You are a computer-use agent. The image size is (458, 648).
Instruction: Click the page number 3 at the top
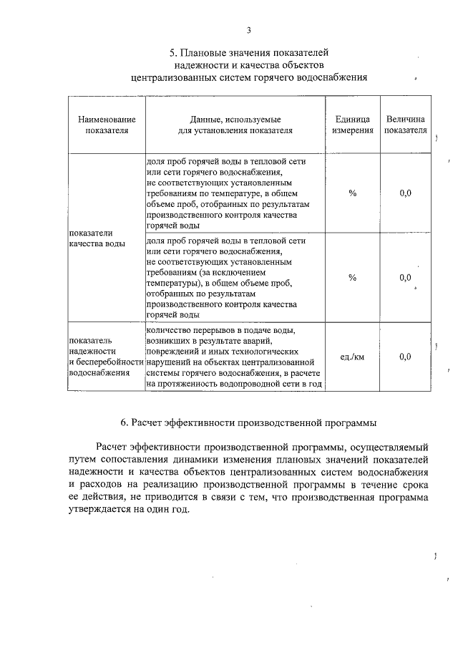click(x=248, y=30)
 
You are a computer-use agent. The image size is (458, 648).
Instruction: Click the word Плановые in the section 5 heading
click(x=208, y=52)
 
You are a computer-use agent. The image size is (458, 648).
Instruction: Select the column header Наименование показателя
click(x=102, y=125)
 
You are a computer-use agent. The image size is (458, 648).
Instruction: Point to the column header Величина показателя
click(x=405, y=125)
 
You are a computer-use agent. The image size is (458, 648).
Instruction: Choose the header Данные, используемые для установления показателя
click(x=235, y=125)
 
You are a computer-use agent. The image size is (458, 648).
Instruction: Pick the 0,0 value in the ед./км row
click(x=405, y=357)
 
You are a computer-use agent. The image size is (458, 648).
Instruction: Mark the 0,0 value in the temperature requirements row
click(x=405, y=193)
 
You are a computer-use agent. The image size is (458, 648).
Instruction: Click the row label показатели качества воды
click(x=96, y=238)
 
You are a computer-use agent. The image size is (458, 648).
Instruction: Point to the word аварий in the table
click(x=281, y=341)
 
